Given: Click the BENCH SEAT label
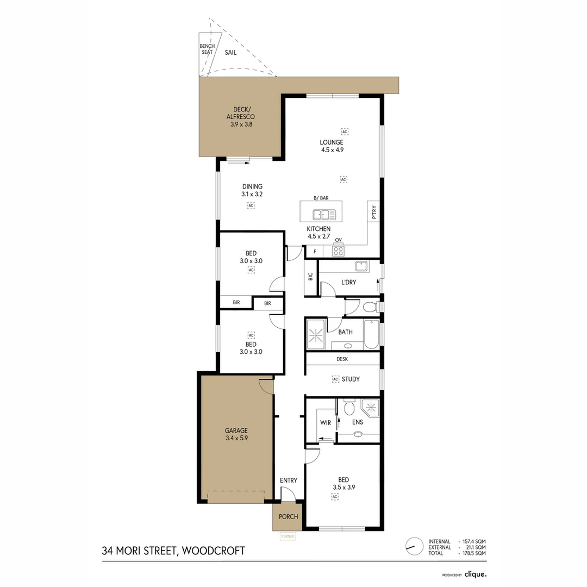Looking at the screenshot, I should tap(207, 49).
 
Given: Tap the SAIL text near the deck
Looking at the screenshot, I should tap(230, 53).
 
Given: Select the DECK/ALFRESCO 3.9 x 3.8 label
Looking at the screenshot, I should tap(241, 116).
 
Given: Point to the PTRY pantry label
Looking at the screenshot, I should tap(373, 212).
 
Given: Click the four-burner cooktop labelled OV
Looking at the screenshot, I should tap(338, 251).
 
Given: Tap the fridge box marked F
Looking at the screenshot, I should tap(314, 252).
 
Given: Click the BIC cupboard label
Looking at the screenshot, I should tap(310, 277).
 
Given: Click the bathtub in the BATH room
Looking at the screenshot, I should tap(372, 334).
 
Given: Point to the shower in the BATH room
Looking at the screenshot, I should tap(316, 334).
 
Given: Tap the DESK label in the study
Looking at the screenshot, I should tap(342, 359).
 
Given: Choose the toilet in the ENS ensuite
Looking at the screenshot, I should tap(349, 408).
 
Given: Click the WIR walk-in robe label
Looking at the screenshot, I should tap(326, 422).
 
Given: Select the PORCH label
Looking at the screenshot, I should tap(288, 516).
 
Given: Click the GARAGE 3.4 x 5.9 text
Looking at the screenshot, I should tap(236, 434).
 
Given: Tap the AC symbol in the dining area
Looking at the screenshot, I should tap(251, 206).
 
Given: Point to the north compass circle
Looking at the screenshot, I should tap(414, 546).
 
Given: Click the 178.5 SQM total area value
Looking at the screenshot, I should tap(473, 553).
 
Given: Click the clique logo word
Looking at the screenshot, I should tap(475, 573).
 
